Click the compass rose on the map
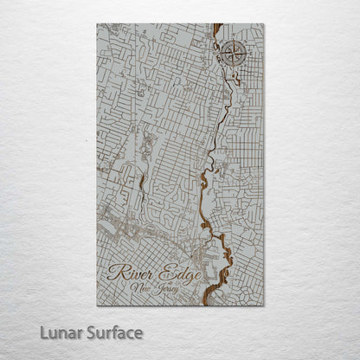tap(231, 54)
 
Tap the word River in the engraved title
tap(132, 274)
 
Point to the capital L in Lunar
tap(43, 333)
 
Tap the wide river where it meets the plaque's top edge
tap(217, 26)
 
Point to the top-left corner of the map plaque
tap(97, 24)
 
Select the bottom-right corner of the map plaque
tap(264, 305)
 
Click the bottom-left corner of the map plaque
tap(97, 305)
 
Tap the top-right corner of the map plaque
tap(264, 24)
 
